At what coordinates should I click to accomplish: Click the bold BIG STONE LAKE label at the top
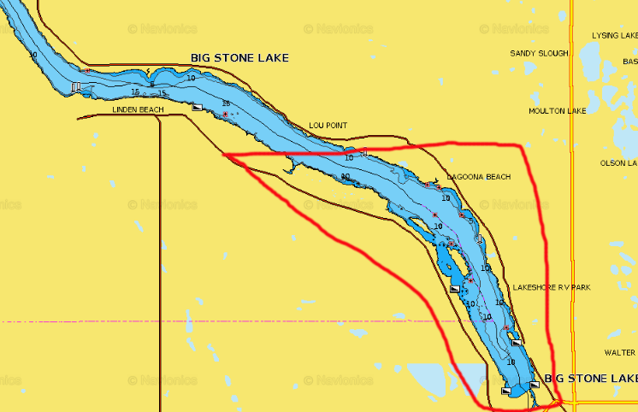tap(239, 58)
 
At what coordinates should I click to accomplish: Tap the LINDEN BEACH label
tap(138, 109)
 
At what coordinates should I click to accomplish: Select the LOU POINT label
tap(328, 126)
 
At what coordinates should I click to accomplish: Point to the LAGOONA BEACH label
tap(478, 177)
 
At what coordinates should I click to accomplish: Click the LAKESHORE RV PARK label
tap(552, 287)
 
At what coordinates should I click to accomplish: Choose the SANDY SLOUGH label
tap(539, 53)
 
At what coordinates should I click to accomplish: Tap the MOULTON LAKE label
tap(557, 110)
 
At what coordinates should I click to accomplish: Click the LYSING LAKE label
tap(615, 36)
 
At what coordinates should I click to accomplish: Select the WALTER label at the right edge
tap(619, 352)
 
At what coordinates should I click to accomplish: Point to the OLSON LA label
tap(618, 162)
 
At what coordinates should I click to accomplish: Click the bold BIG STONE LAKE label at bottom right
tap(590, 378)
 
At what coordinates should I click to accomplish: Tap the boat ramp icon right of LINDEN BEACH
tap(197, 109)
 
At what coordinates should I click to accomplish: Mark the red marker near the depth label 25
tap(226, 115)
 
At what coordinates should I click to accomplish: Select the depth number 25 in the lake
tap(226, 104)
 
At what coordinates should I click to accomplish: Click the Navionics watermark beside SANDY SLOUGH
tap(513, 29)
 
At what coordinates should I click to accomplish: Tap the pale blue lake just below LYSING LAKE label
tap(591, 60)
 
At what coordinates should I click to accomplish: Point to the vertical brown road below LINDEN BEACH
tap(161, 256)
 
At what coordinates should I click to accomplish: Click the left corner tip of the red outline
tap(225, 155)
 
